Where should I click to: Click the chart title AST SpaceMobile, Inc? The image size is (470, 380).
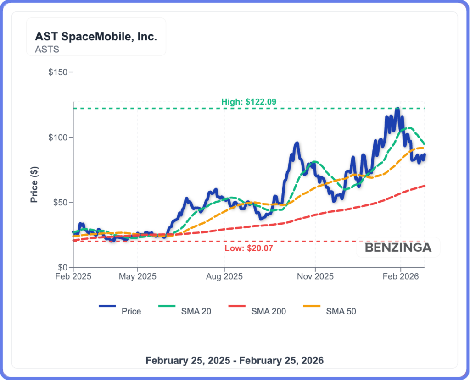point(96,37)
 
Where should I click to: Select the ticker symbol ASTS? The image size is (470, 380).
point(47,49)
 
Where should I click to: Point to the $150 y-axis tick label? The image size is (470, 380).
point(58,72)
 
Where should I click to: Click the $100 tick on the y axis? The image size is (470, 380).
point(58,138)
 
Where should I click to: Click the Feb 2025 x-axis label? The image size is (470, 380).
point(73,277)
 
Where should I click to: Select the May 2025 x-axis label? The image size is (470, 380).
point(138,277)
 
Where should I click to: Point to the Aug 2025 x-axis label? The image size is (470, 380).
point(224,277)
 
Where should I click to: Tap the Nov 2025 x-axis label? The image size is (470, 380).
point(315,277)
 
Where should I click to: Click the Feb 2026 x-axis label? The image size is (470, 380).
point(401,277)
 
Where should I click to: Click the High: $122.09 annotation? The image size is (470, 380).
point(248,102)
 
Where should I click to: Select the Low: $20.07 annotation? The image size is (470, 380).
point(245,248)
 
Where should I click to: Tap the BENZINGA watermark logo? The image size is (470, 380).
point(398,248)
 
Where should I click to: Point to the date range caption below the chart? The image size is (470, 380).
point(235,360)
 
